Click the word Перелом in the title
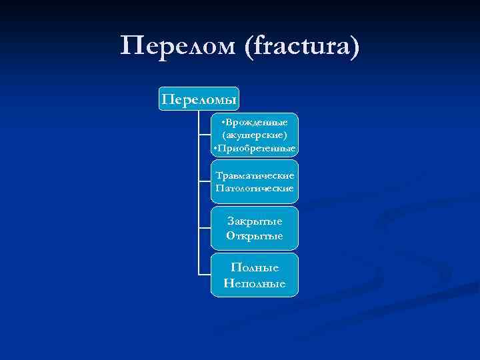pyautogui.click(x=178, y=46)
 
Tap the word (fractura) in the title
pyautogui.click(x=303, y=46)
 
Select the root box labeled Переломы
pyautogui.click(x=199, y=99)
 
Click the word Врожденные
pyautogui.click(x=257, y=123)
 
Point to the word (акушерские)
pyautogui.click(x=255, y=135)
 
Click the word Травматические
pyautogui.click(x=255, y=175)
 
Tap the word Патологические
pyautogui.click(x=255, y=188)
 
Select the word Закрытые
pyautogui.click(x=255, y=221)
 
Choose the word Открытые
pyautogui.click(x=255, y=236)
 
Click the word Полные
pyautogui.click(x=255, y=267)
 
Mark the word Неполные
pyautogui.click(x=255, y=283)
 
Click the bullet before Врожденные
pyautogui.click(x=225, y=123)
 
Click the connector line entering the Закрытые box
pyautogui.click(x=205, y=228)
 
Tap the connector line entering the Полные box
pyautogui.click(x=205, y=274)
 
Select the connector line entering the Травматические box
pyautogui.click(x=205, y=181)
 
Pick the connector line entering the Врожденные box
pyautogui.click(x=205, y=135)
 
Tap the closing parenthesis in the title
pyautogui.click(x=354, y=46)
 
